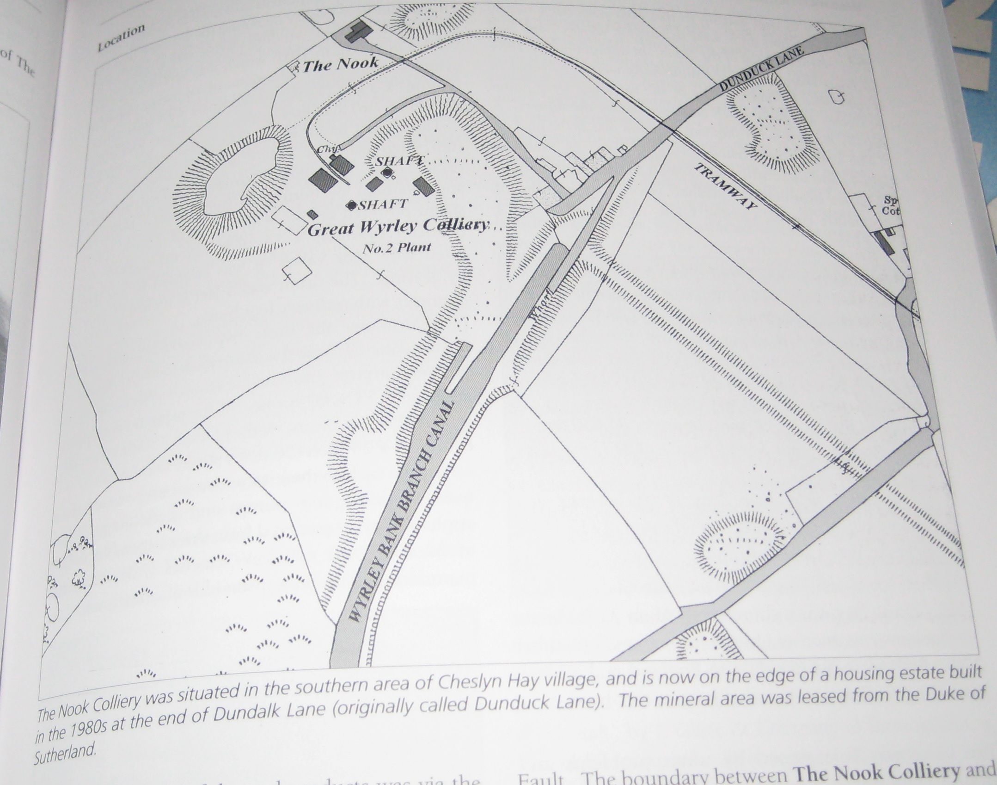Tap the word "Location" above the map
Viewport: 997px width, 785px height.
point(121,37)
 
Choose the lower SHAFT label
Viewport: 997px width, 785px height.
point(383,204)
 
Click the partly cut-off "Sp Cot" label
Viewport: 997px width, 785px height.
point(890,205)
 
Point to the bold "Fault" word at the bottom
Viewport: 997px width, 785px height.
point(540,778)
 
